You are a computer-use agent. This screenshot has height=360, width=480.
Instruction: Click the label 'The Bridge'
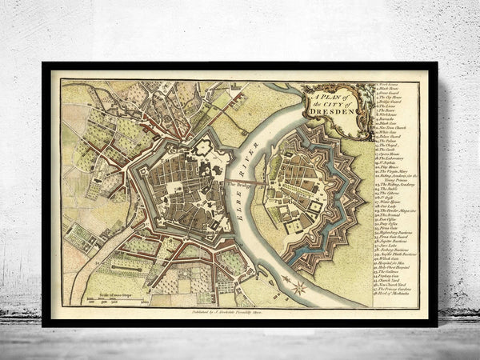(238, 183)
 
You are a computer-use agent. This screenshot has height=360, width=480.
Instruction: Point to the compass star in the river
(297, 285)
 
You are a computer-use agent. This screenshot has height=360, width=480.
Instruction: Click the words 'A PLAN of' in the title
(319, 94)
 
